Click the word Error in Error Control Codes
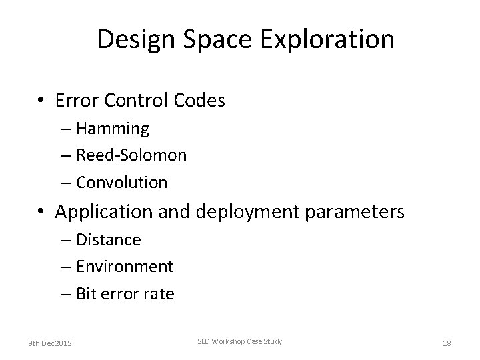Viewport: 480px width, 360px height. pyautogui.click(x=79, y=101)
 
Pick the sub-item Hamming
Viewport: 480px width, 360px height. pyautogui.click(x=113, y=127)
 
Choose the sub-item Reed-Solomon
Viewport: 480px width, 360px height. pyautogui.click(x=131, y=155)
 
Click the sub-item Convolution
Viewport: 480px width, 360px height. pyautogui.click(x=121, y=181)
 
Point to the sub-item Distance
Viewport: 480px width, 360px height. pyautogui.click(x=109, y=239)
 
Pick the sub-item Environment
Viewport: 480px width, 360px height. pyautogui.click(x=125, y=267)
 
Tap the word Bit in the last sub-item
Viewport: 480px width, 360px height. pyautogui.click(x=86, y=294)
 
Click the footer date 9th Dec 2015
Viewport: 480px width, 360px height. pyautogui.click(x=51, y=343)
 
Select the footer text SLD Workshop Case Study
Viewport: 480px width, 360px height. pyautogui.click(x=240, y=341)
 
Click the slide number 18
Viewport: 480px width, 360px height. pyautogui.click(x=446, y=343)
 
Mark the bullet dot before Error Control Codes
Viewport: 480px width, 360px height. pyautogui.click(x=41, y=101)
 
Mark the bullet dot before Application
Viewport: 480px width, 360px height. pyautogui.click(x=41, y=213)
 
